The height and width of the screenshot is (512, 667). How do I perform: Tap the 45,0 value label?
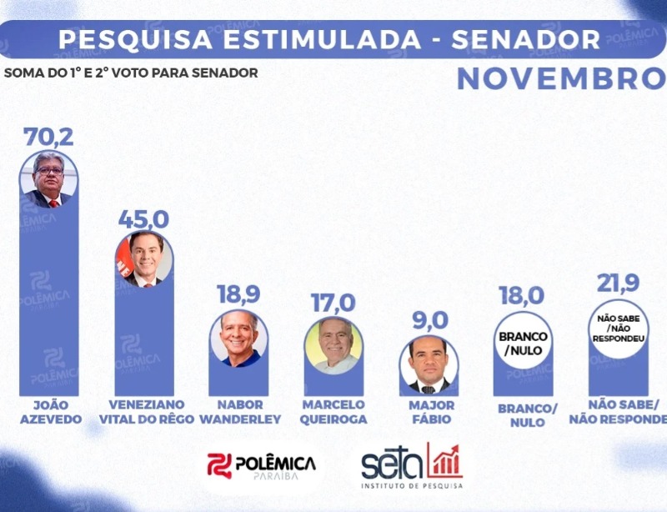click(x=143, y=219)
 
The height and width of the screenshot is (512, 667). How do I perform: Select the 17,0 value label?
click(x=333, y=302)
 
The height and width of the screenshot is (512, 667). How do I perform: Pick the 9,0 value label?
click(x=429, y=320)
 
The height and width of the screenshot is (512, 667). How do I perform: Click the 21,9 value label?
click(x=618, y=284)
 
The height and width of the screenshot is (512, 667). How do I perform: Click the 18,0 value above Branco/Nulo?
click(x=524, y=295)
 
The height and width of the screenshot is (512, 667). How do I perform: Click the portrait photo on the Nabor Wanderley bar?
click(x=239, y=338)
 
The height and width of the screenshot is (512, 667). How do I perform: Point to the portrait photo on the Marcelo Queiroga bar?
click(x=333, y=344)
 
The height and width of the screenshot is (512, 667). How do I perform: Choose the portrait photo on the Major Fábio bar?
click(x=429, y=364)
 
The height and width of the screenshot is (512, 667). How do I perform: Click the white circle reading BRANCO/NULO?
click(x=524, y=343)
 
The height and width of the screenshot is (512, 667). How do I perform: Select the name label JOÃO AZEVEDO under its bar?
click(x=50, y=412)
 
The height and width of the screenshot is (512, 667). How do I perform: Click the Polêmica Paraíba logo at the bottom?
click(x=262, y=466)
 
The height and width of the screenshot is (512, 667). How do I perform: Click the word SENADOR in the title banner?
click(x=531, y=39)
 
